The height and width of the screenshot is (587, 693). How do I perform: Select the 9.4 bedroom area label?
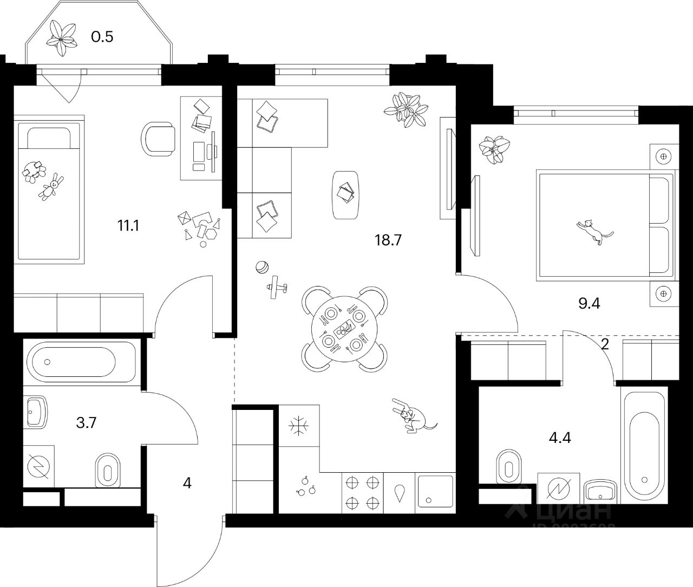590,303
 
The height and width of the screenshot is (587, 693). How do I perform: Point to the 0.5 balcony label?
102,37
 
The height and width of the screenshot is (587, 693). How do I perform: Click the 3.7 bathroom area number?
87,423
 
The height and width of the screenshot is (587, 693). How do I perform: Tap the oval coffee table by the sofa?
345,195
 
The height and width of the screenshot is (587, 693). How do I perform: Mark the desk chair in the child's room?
158,138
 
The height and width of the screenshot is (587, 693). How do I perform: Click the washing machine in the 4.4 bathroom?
558,488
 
